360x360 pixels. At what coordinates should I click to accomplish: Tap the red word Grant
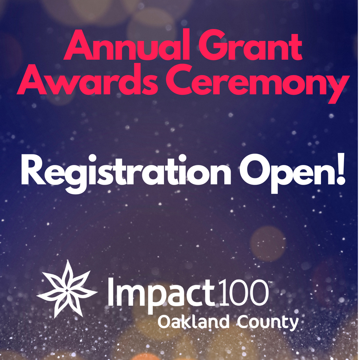click(x=248, y=49)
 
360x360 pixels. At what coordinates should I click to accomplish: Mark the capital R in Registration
click(x=32, y=173)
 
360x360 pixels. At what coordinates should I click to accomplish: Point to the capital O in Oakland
click(x=164, y=322)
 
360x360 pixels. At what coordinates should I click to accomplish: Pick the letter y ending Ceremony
click(x=334, y=87)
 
